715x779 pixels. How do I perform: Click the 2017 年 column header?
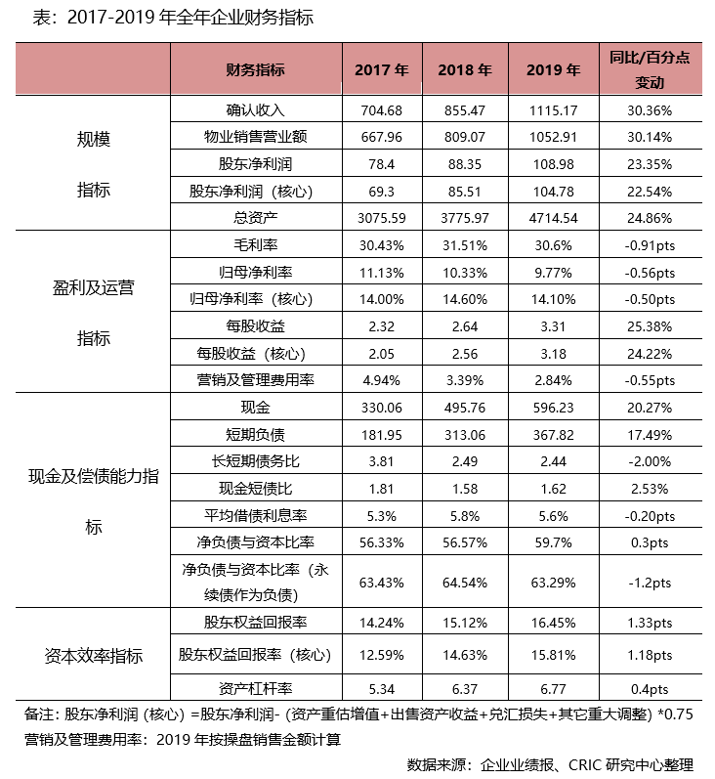tap(381, 69)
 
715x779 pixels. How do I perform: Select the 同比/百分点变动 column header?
tap(650, 69)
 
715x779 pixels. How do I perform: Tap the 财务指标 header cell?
tap(255, 69)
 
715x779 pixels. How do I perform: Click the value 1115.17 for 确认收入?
tap(553, 110)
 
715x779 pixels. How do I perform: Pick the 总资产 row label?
tap(255, 218)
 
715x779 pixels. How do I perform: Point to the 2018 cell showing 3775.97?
tap(465, 218)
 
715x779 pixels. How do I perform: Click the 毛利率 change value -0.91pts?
tap(650, 246)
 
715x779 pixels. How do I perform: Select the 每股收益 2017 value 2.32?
tap(381, 326)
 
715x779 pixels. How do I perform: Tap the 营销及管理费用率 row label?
tap(255, 380)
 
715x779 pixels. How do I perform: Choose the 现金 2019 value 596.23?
tap(553, 408)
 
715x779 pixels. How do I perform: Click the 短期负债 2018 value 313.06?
tap(465, 435)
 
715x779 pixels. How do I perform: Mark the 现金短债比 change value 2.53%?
tap(650, 489)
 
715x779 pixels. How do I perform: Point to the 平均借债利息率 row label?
tap(255, 516)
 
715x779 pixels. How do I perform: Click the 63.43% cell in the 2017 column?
tap(381, 583)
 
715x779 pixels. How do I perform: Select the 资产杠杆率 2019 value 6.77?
tap(553, 689)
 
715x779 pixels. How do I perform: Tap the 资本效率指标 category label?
tap(94, 656)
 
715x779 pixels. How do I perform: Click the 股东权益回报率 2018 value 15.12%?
tap(465, 623)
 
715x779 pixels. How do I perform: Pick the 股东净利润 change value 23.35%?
tap(650, 164)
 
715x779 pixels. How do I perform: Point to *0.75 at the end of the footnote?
tap(675, 714)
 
